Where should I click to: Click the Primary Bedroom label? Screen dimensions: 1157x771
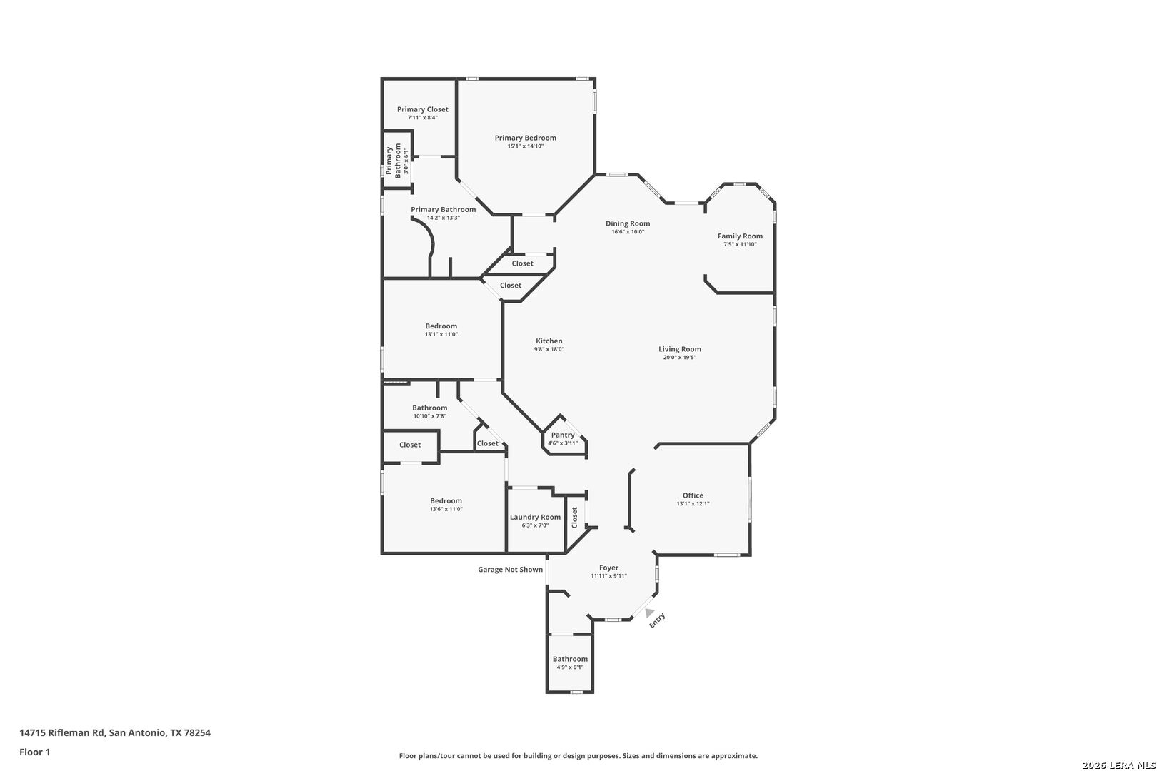526,138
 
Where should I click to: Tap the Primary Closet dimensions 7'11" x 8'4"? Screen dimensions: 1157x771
423,118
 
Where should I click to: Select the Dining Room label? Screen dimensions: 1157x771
628,223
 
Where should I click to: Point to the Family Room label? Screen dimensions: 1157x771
740,236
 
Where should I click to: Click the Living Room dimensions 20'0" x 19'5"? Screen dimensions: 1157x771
680,358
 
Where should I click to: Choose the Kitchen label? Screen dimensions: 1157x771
549,341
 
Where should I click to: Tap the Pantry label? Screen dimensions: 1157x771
563,435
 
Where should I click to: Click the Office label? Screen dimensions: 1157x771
693,495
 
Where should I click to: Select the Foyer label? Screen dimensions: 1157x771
609,568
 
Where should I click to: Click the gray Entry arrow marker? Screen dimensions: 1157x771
649,613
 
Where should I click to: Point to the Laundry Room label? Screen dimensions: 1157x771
535,517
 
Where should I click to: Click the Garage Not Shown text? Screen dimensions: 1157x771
511,570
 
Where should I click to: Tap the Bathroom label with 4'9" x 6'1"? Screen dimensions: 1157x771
570,659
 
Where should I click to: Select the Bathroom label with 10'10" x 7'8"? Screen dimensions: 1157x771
430,408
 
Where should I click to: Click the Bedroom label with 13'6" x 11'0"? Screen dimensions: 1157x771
446,501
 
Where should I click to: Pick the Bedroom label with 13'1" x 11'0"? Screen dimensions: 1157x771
441,326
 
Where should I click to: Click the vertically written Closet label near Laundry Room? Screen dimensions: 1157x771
574,518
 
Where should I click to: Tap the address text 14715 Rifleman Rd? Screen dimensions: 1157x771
62,732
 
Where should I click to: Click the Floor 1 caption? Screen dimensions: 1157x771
34,752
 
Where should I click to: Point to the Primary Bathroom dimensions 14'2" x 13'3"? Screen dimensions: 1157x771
444,218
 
